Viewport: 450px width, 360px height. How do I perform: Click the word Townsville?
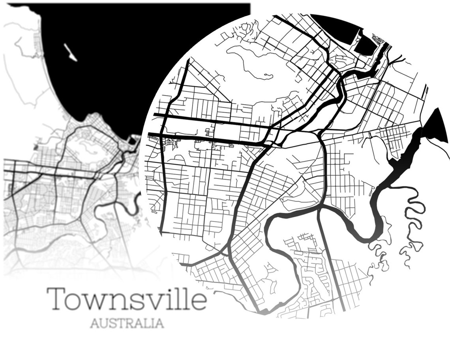[127, 298]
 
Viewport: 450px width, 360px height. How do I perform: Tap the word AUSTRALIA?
[127, 323]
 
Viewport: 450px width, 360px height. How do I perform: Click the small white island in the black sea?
[70, 52]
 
